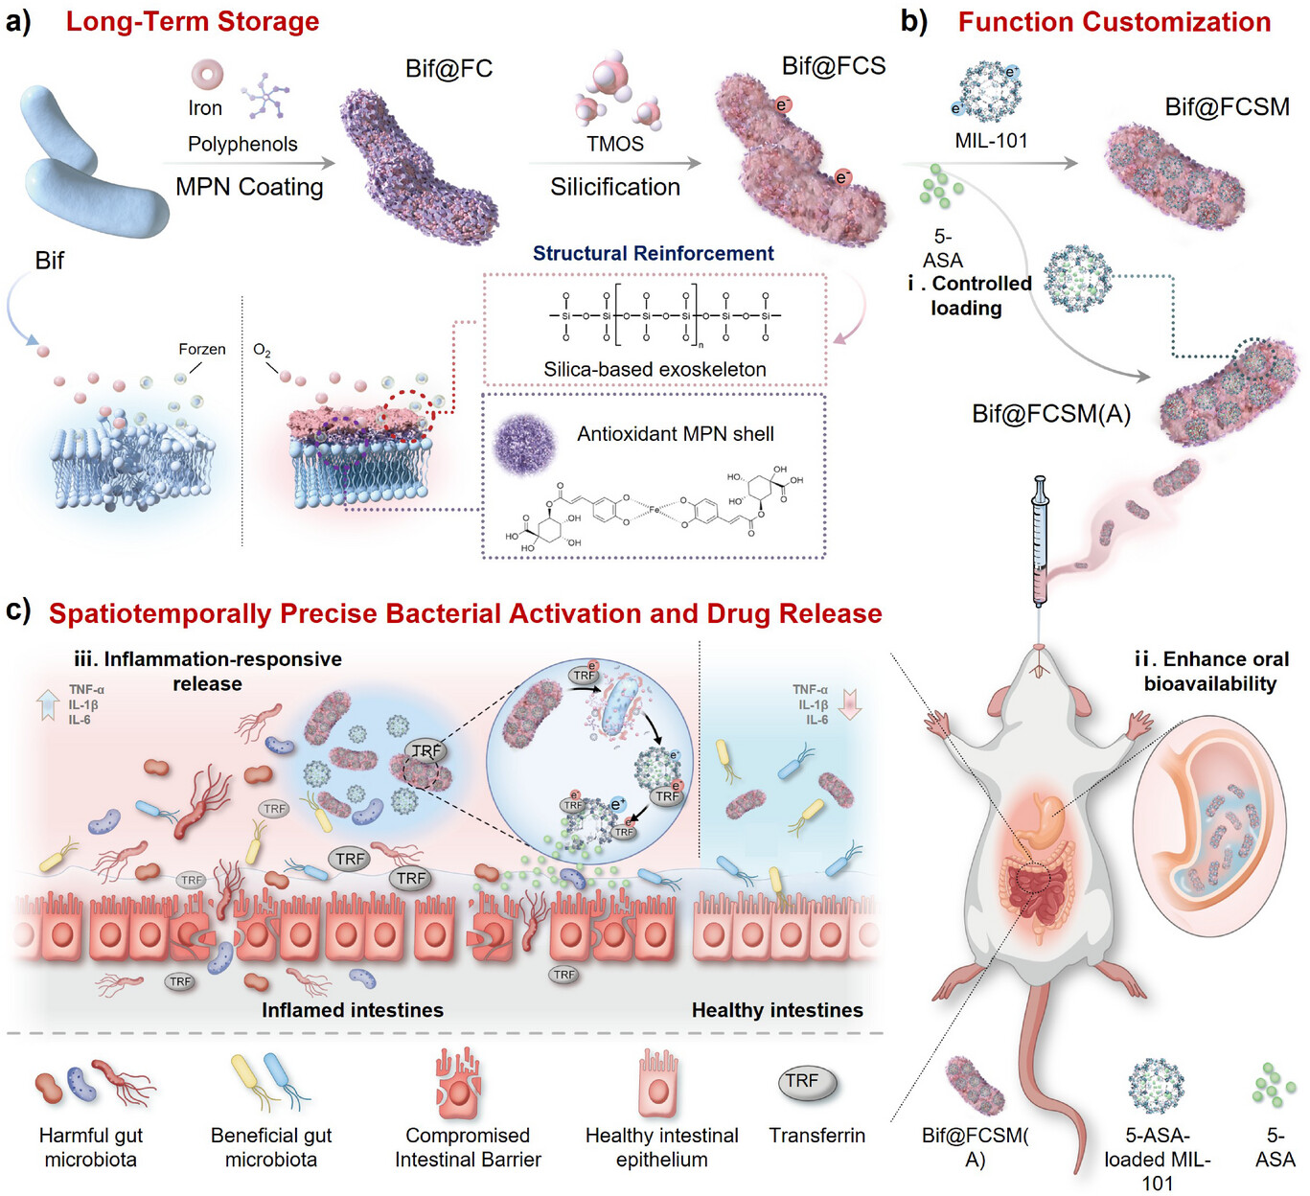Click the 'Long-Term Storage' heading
click(192, 22)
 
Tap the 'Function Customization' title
click(1114, 22)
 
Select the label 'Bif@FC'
click(448, 69)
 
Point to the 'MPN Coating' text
click(249, 187)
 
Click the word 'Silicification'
click(614, 187)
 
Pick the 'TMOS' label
click(614, 144)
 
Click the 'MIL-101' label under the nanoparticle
click(991, 141)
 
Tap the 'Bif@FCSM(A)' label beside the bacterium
click(1051, 414)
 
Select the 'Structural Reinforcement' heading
click(653, 253)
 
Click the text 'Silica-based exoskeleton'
click(655, 369)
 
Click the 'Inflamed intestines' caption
click(353, 1010)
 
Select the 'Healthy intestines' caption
click(776, 1010)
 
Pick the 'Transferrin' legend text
click(816, 1136)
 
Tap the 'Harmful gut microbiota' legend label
click(90, 1147)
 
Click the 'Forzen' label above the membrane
click(201, 349)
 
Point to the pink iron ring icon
click(207, 74)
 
